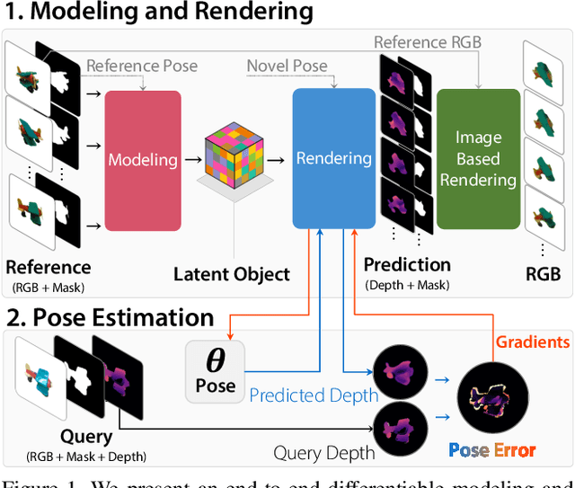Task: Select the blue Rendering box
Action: [333, 158]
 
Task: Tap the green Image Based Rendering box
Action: [478, 158]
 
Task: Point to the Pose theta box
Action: [215, 369]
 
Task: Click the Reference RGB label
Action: [429, 42]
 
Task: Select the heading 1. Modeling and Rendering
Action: [160, 13]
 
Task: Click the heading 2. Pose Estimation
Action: [111, 317]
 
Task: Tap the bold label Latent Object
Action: [232, 273]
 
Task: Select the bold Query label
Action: [86, 436]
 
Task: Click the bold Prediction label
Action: [406, 264]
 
